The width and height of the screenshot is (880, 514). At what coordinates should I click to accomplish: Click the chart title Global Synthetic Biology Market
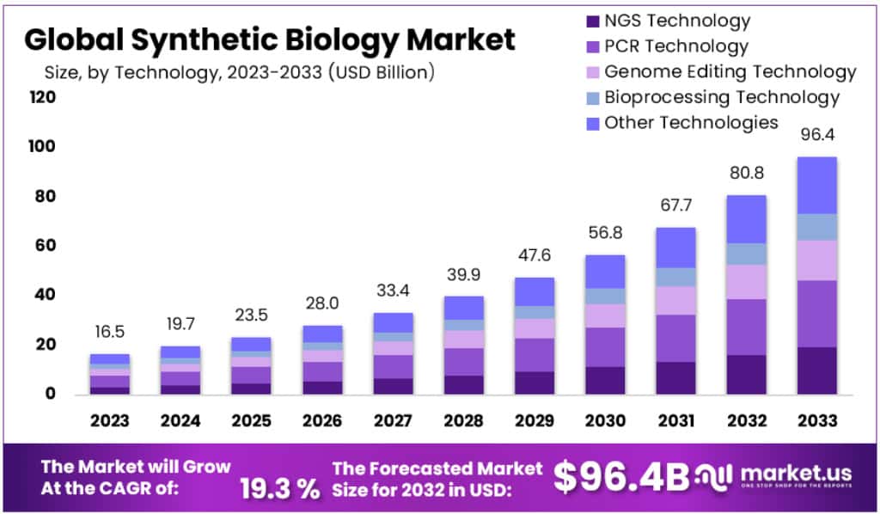(270, 39)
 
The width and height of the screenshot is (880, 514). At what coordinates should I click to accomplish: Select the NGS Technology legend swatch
(592, 21)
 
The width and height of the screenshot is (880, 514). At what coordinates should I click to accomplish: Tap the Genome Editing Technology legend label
(730, 71)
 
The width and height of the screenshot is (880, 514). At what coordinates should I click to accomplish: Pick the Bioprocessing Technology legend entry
(721, 97)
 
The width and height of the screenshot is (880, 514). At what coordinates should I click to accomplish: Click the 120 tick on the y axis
(43, 97)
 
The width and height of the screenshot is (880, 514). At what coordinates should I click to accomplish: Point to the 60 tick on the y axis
(43, 246)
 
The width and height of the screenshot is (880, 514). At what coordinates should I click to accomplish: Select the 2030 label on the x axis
(606, 420)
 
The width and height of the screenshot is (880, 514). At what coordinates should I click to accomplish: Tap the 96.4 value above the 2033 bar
(816, 134)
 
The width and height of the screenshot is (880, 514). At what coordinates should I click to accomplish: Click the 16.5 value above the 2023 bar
(109, 333)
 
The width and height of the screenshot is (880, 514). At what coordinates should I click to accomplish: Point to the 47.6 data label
(535, 256)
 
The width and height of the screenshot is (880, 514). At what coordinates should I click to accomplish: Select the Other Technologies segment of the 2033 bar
(816, 185)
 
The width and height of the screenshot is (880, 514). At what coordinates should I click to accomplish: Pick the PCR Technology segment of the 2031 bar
(675, 338)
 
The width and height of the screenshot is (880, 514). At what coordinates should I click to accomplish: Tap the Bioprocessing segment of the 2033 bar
(816, 227)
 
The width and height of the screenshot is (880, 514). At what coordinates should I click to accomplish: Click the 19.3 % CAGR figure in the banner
(279, 488)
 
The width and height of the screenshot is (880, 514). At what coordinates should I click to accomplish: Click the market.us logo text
(783, 474)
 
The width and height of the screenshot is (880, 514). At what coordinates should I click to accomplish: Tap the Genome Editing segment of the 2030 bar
(606, 315)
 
